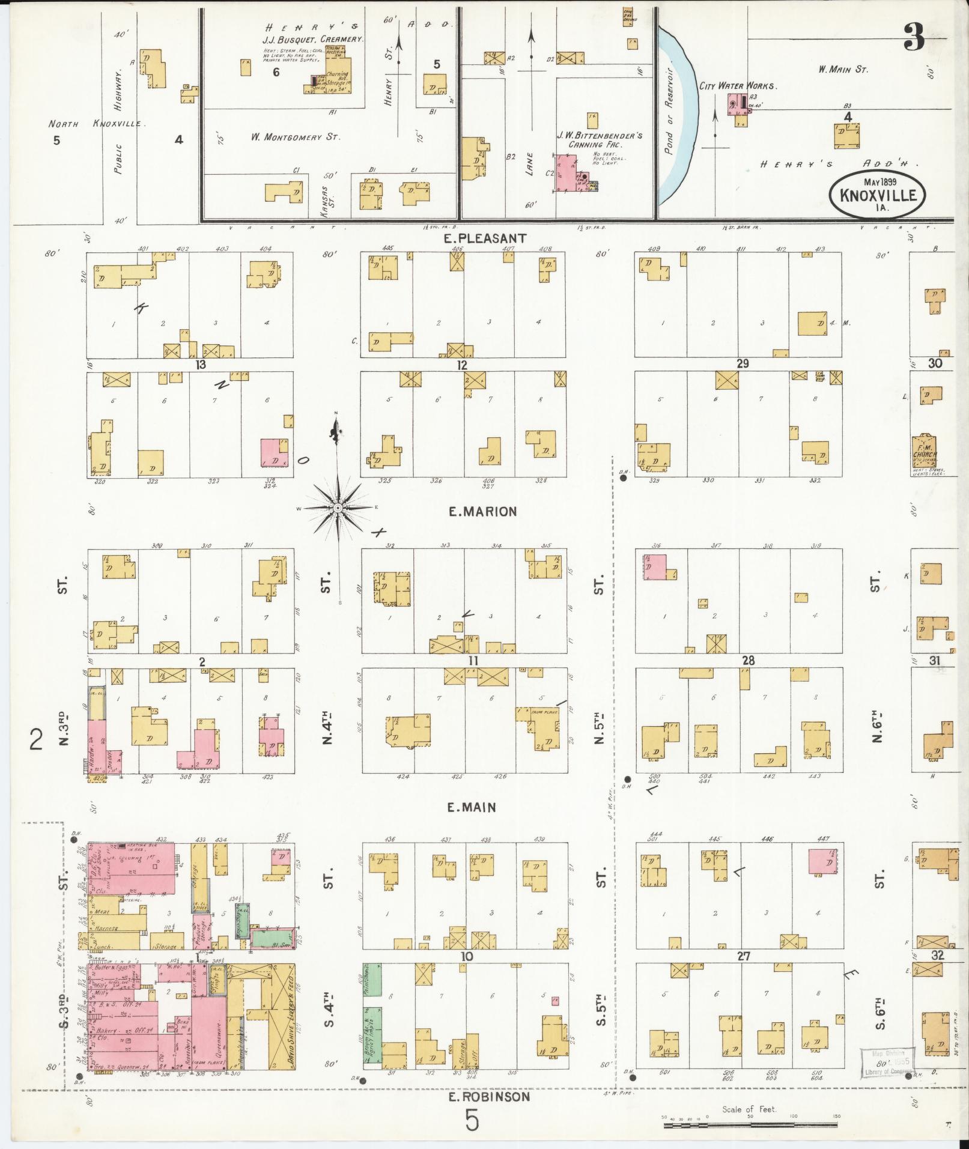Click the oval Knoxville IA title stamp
(877, 194)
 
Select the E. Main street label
(472, 808)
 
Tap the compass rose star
(338, 508)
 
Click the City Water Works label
(738, 86)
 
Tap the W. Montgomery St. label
(296, 138)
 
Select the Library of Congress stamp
(885, 1064)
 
